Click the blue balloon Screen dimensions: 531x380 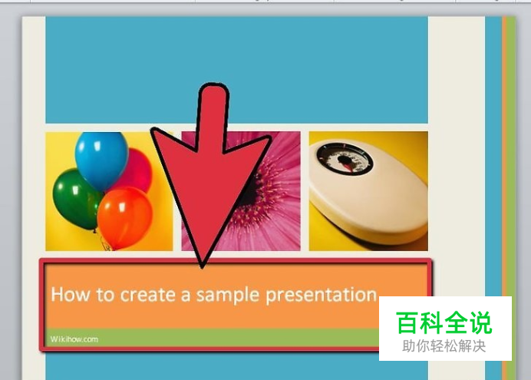pyautogui.click(x=101, y=159)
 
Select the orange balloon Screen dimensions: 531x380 pyautogui.click(x=124, y=216)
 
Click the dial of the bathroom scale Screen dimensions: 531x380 pyautogui.click(x=345, y=159)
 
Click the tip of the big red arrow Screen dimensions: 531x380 pyautogui.click(x=202, y=267)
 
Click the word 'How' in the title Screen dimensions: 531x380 pyautogui.click(x=71, y=294)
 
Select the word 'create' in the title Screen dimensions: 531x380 pyautogui.click(x=148, y=295)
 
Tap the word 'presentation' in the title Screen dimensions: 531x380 pyautogui.click(x=321, y=296)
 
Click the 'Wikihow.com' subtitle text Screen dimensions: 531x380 pyautogui.click(x=74, y=339)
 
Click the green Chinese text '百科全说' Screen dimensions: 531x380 pyautogui.click(x=444, y=322)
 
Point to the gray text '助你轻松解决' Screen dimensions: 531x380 pyautogui.click(x=444, y=346)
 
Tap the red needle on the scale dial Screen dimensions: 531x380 pyautogui.click(x=348, y=166)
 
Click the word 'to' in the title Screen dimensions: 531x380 pyautogui.click(x=105, y=295)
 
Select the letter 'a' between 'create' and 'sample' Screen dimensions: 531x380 pyautogui.click(x=186, y=296)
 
